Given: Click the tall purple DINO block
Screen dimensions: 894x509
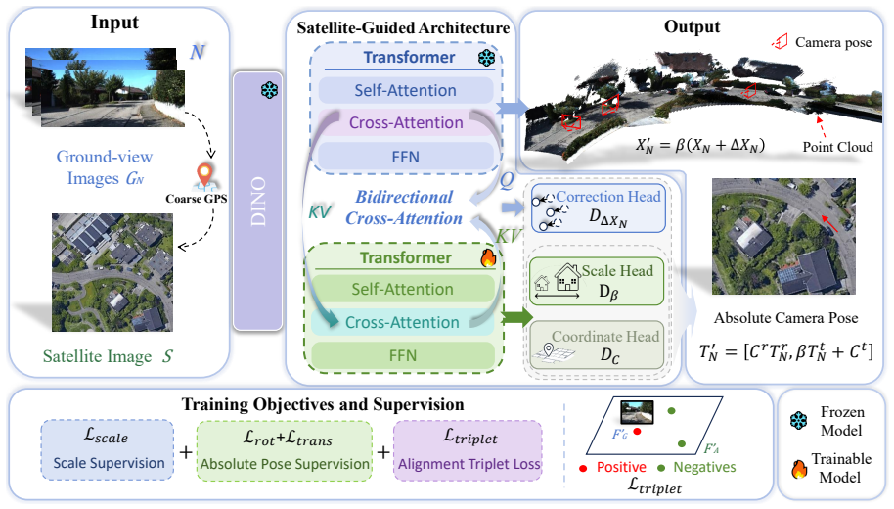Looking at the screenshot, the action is point(257,201).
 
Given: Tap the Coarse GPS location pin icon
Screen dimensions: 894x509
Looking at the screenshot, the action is point(204,175).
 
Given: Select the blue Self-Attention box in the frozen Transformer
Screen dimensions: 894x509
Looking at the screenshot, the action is point(405,90).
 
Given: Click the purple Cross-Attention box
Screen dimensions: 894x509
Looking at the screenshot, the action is point(405,122).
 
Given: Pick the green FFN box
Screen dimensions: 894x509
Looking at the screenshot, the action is point(403,355).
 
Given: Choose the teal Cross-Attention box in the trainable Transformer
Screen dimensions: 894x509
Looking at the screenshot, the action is point(403,322).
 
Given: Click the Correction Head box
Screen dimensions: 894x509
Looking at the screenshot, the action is point(598,208).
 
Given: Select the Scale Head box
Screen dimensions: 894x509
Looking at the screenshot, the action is point(597,281).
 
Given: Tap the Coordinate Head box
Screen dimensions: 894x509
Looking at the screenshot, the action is point(597,346).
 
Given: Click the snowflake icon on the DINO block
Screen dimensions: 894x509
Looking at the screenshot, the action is point(269,90).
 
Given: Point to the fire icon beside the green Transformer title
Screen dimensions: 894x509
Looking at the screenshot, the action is point(488,257).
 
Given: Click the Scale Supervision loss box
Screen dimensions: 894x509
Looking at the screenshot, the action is point(108,449).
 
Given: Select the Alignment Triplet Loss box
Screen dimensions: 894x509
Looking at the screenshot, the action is point(469,449).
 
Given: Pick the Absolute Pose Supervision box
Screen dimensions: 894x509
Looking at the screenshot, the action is point(285,449).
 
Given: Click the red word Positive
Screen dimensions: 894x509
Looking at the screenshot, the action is point(621,467).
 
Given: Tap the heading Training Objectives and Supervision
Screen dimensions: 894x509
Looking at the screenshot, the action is point(323,404).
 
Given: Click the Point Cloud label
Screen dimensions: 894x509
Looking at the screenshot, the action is point(837,147).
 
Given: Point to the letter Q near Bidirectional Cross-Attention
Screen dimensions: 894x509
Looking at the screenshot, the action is point(507,181).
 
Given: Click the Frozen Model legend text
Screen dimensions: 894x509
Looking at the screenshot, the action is point(841,421).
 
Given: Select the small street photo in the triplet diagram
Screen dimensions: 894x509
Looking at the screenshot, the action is point(637,411).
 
